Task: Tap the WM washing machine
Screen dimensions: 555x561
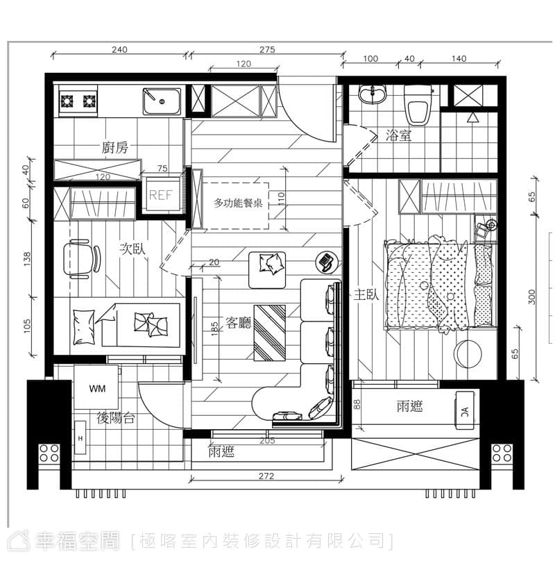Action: tap(96, 387)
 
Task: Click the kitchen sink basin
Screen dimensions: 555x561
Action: tap(162, 101)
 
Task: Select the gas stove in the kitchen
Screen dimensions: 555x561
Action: tap(78, 101)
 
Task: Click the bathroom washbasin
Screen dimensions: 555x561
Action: tap(373, 94)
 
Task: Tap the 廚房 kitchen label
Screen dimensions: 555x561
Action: tap(114, 147)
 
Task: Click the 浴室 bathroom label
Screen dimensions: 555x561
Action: tap(398, 135)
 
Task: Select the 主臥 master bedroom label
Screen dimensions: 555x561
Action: tap(366, 295)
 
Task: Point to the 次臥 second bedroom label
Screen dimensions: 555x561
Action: tap(133, 249)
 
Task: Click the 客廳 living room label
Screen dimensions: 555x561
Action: tap(239, 323)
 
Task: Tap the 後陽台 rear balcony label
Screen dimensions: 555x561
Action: tap(116, 417)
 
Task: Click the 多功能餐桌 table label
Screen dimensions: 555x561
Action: tap(238, 203)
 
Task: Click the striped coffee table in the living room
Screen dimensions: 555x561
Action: tap(270, 333)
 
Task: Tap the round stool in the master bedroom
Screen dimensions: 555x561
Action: tap(468, 353)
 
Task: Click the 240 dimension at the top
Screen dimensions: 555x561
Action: tap(119, 49)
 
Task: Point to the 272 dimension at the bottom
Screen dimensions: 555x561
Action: tap(266, 476)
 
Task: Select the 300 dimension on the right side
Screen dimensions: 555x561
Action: tap(531, 296)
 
